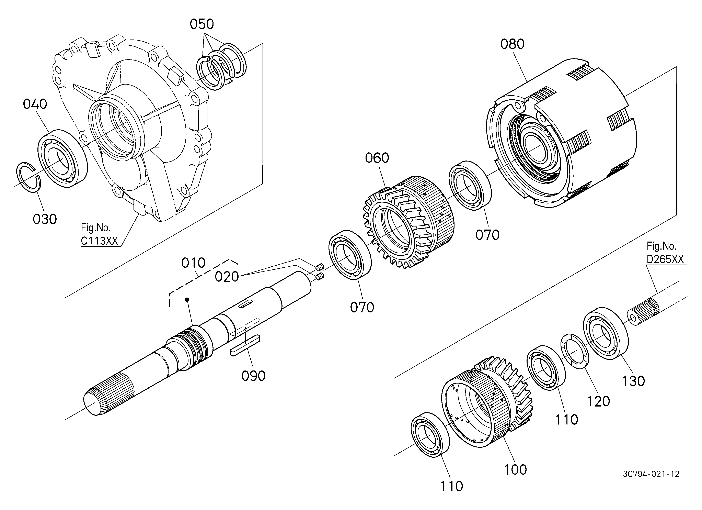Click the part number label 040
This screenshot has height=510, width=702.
(35, 104)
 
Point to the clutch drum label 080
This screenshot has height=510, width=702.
(512, 44)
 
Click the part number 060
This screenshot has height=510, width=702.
(377, 158)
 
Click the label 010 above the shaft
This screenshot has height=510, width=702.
(193, 263)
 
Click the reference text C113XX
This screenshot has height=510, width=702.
(99, 241)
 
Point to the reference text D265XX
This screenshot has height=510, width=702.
(665, 259)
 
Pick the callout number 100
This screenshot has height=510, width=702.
(515, 470)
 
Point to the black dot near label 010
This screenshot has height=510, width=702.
(187, 299)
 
